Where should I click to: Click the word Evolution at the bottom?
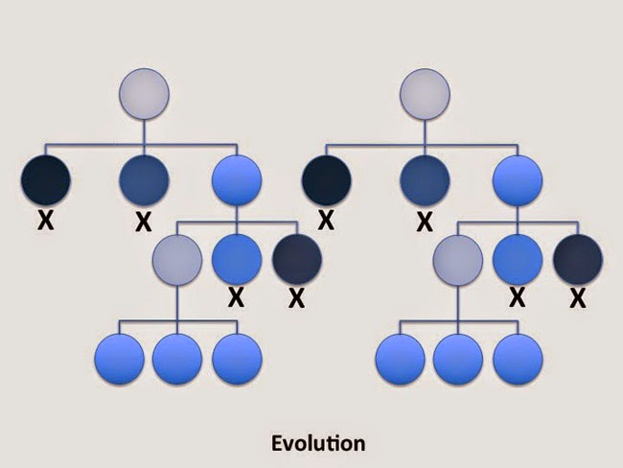[316, 443]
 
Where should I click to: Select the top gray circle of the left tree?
[144, 94]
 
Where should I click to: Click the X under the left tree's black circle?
[44, 221]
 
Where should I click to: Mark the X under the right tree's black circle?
[326, 221]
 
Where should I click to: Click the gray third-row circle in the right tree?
[457, 259]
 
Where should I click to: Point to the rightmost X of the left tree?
[296, 299]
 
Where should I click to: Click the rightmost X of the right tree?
[578, 299]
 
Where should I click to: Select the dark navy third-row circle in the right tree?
[578, 259]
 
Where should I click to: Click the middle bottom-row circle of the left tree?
[177, 360]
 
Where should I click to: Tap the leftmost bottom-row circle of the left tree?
[120, 360]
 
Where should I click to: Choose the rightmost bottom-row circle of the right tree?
[518, 360]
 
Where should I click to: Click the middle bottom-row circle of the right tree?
[458, 360]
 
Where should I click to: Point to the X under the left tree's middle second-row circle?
[143, 222]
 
